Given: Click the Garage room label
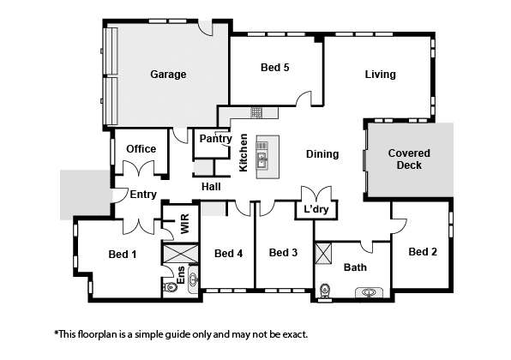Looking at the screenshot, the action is pos(168,75).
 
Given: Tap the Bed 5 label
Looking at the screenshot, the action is pos(274,68).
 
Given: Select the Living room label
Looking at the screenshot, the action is pos(381,75).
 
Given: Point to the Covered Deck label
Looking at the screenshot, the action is pos(409,159).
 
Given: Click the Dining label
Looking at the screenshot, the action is pos(322,154).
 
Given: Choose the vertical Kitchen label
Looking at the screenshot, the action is pos(243,153).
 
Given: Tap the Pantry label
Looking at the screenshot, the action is pos(215,139).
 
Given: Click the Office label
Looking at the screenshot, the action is pos(141,149).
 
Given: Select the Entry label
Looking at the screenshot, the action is pos(143,195).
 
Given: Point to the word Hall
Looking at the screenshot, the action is pos(211,187).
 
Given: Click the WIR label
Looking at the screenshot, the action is pos(185,224).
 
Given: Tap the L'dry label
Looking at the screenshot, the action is pos(316,209).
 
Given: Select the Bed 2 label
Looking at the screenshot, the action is pos(423,251).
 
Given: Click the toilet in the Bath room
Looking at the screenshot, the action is pos(325,290).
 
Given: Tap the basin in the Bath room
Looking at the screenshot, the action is pos(369,292).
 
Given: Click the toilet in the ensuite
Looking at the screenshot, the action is pos(170,287).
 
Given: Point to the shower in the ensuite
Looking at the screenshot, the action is pos(180,253).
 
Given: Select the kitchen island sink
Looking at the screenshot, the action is pos(262,160).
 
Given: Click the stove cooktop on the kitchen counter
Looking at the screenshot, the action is pos(256,113).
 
